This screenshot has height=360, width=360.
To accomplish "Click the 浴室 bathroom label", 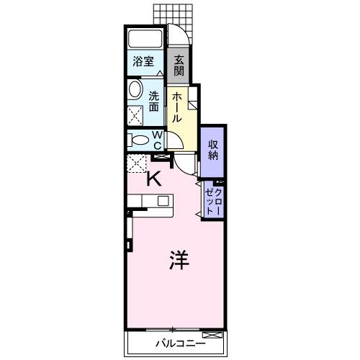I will [144, 61].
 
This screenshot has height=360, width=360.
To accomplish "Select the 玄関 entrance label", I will [179, 66].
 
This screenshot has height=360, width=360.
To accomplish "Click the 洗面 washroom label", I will [154, 101].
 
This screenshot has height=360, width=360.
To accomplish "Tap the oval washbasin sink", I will [136, 90].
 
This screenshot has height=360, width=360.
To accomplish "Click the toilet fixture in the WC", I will [138, 140].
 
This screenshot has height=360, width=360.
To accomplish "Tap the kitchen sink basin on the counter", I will [163, 201].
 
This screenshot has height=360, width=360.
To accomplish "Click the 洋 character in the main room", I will [179, 259].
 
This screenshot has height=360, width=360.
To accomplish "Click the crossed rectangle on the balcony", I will [212, 335].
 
